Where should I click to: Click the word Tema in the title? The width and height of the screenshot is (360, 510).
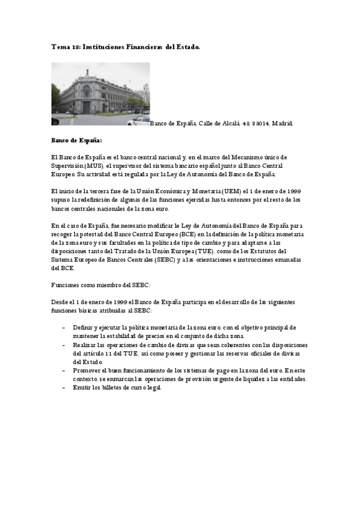tap(59, 46)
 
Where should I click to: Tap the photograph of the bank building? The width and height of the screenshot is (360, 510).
tap(100, 94)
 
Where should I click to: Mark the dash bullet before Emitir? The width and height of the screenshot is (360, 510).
tap(64, 389)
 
